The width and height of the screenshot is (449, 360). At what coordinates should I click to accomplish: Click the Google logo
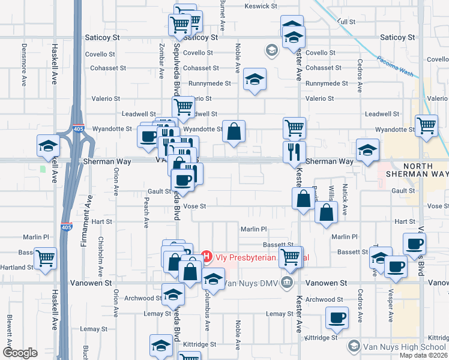pos(20,353)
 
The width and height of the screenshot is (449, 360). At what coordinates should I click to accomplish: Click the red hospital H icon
pos(207,257)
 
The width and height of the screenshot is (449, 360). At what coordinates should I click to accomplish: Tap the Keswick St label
pos(261,7)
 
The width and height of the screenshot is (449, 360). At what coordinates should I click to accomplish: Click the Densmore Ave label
pos(25,63)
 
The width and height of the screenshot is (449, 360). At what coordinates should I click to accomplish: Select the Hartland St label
pos(16,267)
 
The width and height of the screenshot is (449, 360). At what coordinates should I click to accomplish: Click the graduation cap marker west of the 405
pos(48,146)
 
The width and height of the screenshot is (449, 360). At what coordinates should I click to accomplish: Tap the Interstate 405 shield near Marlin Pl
pos(65,227)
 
